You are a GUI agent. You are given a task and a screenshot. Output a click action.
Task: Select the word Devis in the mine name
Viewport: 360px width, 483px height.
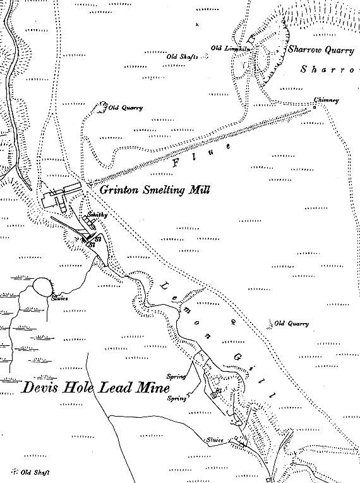click(x=39, y=388)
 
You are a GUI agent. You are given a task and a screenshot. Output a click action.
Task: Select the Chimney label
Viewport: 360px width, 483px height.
click(x=327, y=100)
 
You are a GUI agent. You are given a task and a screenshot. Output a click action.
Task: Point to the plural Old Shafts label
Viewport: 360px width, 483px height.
click(x=182, y=56)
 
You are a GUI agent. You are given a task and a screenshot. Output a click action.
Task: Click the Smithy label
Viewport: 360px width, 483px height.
click(x=97, y=215)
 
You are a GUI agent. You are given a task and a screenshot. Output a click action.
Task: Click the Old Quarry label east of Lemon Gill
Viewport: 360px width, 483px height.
click(x=292, y=324)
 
